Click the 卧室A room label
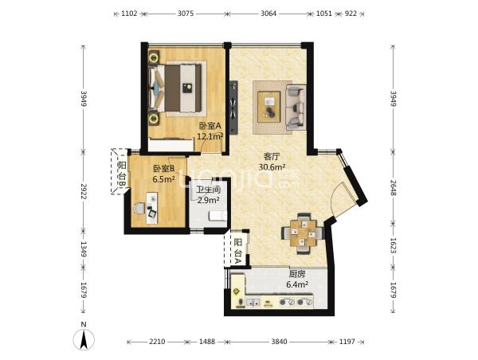(210, 126)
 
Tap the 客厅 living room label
(272, 157)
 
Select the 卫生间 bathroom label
(208, 190)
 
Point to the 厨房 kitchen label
(296, 274)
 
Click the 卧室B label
(163, 168)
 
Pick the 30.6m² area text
(272, 167)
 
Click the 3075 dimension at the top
(186, 14)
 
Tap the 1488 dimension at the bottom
(207, 342)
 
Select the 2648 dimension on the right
(393, 191)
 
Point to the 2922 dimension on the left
(84, 191)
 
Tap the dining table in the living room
(303, 233)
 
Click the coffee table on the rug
(269, 107)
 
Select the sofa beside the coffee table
(296, 108)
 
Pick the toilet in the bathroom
(218, 216)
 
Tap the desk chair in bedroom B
(140, 209)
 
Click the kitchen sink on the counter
(253, 303)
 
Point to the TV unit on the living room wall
(233, 108)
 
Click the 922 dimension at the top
(351, 14)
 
